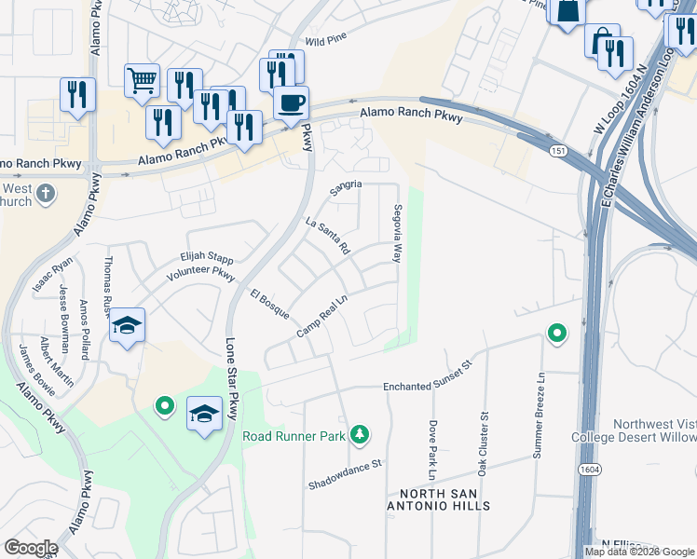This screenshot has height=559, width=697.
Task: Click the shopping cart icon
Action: coord(142,80)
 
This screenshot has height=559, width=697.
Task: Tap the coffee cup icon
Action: coord(291,102)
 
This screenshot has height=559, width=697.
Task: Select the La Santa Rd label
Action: coord(327,236)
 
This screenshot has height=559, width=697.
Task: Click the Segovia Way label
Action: coord(398,233)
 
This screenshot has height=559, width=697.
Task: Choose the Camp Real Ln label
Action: coord(321,318)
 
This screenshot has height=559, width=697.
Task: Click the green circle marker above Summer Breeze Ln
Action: coord(557,333)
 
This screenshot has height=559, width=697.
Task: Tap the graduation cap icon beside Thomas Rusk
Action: coord(127,326)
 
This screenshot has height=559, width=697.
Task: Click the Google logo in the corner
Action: coord(30,548)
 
